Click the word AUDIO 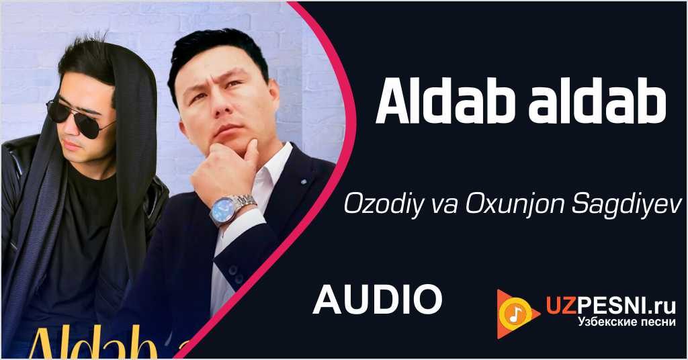pos(377,299)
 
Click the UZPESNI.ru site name pos(609,306)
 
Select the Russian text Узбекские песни pos(626,323)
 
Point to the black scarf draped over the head pos(131,134)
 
